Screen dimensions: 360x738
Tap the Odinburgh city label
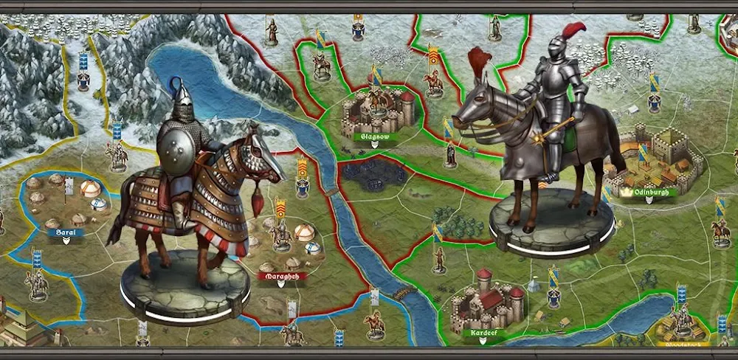click(x=640, y=191)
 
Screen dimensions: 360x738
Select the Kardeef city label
click(x=484, y=333)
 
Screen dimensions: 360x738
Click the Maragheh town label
click(x=281, y=277)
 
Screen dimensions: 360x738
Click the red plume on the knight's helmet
click(x=573, y=32)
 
